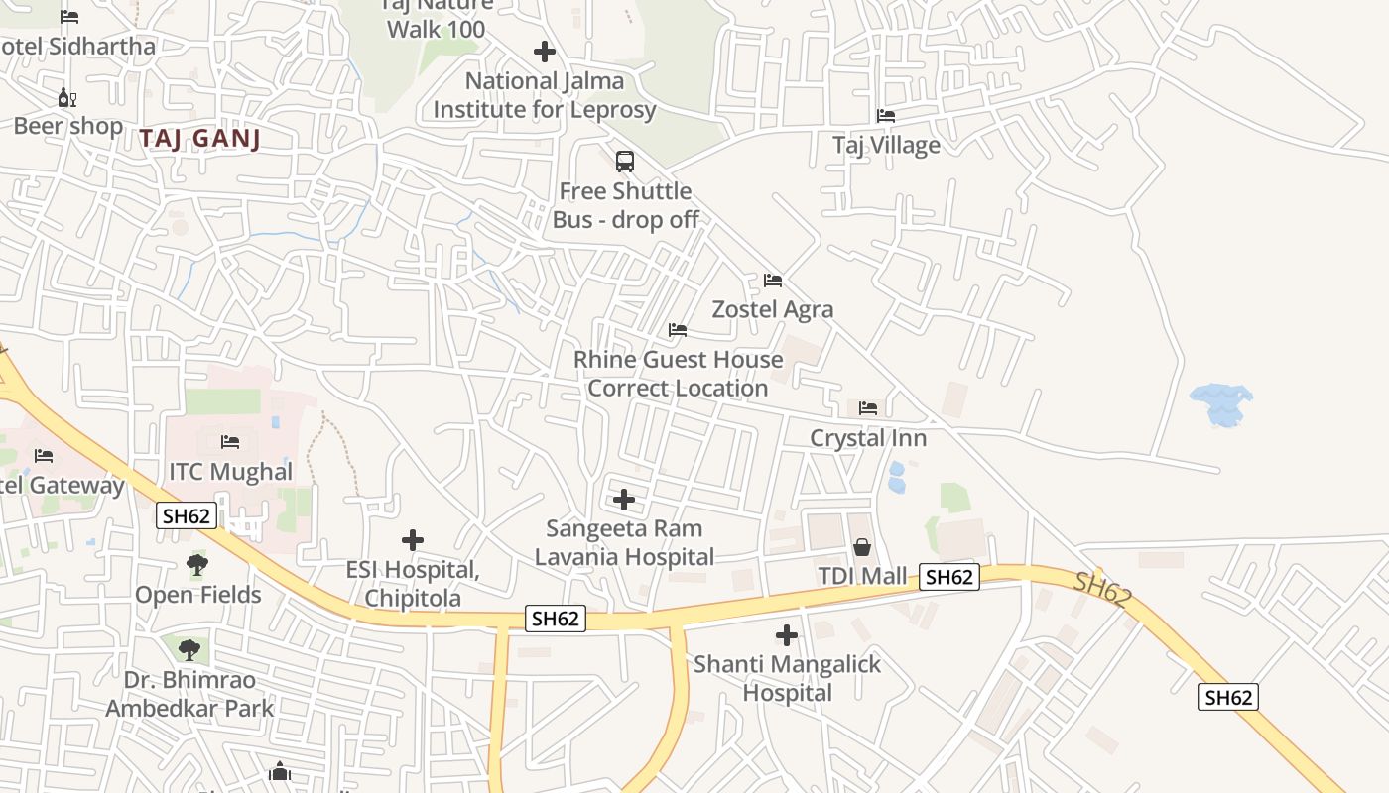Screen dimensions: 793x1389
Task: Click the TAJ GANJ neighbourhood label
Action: pyautogui.click(x=200, y=138)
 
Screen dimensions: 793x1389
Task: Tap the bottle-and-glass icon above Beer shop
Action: pyautogui.click(x=67, y=97)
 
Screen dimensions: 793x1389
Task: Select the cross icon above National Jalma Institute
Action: pyautogui.click(x=544, y=52)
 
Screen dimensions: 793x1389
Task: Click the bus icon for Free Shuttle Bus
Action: pyautogui.click(x=625, y=162)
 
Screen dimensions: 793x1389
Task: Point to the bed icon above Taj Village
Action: pyautogui.click(x=886, y=116)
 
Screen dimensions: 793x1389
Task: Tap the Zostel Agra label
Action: pyautogui.click(x=773, y=309)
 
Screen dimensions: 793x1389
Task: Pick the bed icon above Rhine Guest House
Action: pyautogui.click(x=678, y=330)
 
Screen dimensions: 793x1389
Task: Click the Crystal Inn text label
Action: pyautogui.click(x=868, y=438)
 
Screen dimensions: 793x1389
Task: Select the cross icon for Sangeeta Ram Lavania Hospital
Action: pyautogui.click(x=624, y=500)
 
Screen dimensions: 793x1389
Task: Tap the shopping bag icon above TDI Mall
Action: pyautogui.click(x=862, y=547)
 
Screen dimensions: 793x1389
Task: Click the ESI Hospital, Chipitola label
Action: pyautogui.click(x=413, y=584)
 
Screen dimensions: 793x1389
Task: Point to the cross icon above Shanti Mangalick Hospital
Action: pyautogui.click(x=787, y=634)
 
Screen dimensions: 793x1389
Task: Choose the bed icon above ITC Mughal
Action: pyautogui.click(x=230, y=442)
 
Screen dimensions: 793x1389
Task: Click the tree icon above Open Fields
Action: pyautogui.click(x=197, y=565)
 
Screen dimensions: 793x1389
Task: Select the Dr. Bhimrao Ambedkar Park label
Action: pyautogui.click(x=189, y=694)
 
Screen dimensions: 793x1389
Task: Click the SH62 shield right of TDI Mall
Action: pyautogui.click(x=949, y=577)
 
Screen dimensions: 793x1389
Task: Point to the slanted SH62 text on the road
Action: pyautogui.click(x=1102, y=591)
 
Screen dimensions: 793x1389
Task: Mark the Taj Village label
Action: pyautogui.click(x=886, y=145)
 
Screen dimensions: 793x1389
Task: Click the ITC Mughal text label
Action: pyautogui.click(x=230, y=472)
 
